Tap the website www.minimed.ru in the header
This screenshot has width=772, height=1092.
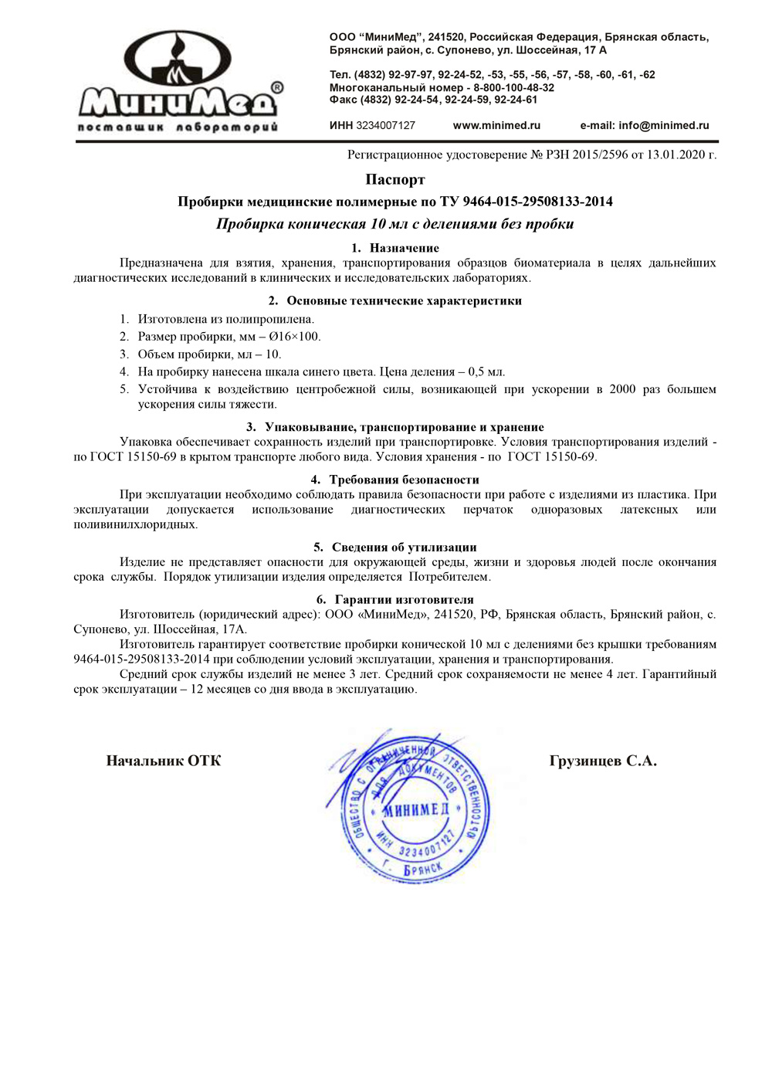coord(496,126)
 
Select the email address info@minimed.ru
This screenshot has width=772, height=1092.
coord(663,126)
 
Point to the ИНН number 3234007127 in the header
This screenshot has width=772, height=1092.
coord(385,126)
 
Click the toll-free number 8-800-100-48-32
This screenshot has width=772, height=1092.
coord(513,87)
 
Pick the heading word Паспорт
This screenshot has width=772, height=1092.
coord(395,180)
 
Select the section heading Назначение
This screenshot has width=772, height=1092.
coord(404,248)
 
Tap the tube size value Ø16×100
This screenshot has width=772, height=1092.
coord(294,337)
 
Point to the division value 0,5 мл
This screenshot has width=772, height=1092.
coord(486,372)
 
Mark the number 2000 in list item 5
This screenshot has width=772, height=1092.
coord(622,389)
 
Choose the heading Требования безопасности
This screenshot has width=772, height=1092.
coord(404,480)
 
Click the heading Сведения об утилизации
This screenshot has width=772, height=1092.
coord(404,548)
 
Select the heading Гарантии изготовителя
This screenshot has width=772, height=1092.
coord(404,599)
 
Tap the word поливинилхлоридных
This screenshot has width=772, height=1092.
coord(135,525)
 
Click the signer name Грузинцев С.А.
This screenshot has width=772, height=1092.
coord(603,761)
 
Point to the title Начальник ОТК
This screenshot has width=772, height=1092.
coord(164,761)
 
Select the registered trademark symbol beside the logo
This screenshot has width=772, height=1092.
coord(277,88)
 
